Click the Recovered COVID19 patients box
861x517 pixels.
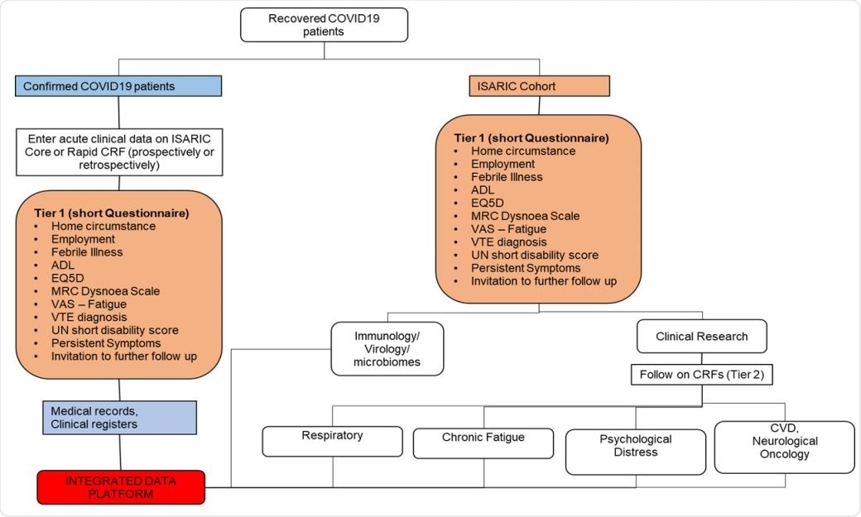pos(324,24)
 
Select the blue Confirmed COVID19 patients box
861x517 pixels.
pos(118,86)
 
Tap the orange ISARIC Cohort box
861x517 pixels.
pos(539,86)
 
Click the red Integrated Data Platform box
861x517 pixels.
pos(121,486)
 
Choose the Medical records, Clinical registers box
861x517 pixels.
pos(119,418)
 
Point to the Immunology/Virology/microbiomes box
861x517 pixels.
pos(387,348)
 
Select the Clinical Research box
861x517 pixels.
pos(701,337)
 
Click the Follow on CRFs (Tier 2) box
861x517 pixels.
pos(701,375)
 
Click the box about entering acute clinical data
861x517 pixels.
pos(119,151)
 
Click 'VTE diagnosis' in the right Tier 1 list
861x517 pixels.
pos(508,242)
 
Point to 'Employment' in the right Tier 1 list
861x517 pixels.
pos(503,164)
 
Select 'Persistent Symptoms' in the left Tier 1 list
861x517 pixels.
pos(106,343)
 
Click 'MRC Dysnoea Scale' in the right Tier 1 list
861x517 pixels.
pos(525,216)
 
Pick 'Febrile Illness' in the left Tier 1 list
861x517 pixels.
pos(87,252)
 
